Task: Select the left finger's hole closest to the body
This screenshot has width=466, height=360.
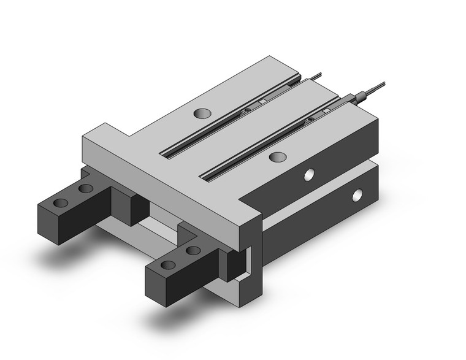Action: [86, 188]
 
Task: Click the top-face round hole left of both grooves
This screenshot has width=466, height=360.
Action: [201, 113]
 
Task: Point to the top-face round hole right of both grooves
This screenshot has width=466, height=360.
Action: [277, 157]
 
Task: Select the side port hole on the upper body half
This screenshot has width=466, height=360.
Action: [310, 175]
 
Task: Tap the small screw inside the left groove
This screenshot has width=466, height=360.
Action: [246, 111]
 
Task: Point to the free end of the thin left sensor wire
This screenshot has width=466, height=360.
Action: [320, 74]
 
